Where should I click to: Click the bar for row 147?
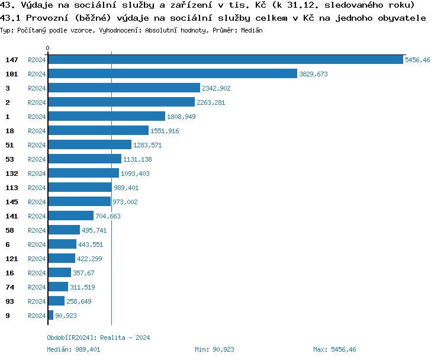click(225, 60)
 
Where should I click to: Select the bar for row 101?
click(172, 74)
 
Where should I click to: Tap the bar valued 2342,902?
click(124, 88)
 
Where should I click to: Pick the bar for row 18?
click(98, 131)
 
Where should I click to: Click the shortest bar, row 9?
click(50, 316)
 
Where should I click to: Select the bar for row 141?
click(70, 216)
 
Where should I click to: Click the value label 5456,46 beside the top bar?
click(417, 60)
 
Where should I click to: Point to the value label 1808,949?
click(181, 117)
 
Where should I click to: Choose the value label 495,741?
click(94, 230)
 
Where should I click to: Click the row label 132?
click(12, 173)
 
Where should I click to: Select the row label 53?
click(9, 159)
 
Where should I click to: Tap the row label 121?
click(12, 259)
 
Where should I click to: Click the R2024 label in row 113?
click(37, 188)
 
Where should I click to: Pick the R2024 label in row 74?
click(37, 287)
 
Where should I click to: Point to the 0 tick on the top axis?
click(48, 48)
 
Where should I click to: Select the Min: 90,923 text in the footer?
click(214, 349)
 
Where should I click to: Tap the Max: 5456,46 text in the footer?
click(334, 349)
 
